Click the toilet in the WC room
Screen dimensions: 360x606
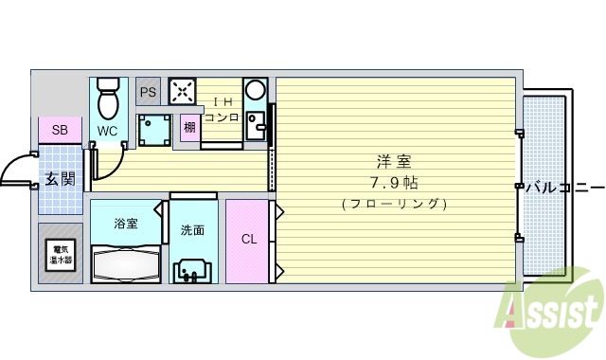click(x=108, y=99)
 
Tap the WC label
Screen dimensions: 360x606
click(x=106, y=132)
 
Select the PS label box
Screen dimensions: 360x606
click(x=148, y=92)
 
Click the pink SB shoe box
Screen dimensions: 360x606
click(x=60, y=130)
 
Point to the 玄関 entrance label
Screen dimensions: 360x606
click(x=60, y=179)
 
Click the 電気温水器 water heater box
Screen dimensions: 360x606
click(x=60, y=254)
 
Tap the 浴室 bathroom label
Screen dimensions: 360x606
click(x=126, y=225)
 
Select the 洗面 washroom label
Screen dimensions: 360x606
click(x=192, y=229)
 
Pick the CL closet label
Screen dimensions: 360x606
click(x=248, y=240)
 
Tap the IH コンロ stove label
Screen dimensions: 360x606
click(x=221, y=110)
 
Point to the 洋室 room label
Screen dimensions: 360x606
click(x=394, y=161)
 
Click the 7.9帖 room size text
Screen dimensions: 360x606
click(x=394, y=182)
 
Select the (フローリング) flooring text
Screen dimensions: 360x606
click(x=394, y=204)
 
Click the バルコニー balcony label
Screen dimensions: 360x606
click(x=564, y=186)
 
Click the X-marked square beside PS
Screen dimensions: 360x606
click(x=183, y=91)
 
